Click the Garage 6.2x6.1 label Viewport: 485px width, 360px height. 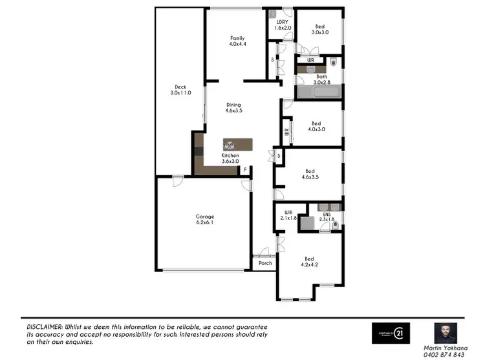[205, 219]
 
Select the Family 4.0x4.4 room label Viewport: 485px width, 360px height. [238, 41]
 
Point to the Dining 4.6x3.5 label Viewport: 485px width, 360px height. [233, 108]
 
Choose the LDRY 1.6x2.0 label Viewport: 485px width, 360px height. [283, 25]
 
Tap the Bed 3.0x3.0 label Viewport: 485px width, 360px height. [320, 28]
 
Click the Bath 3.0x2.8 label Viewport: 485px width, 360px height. [321, 79]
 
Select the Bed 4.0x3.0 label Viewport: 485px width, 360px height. [316, 126]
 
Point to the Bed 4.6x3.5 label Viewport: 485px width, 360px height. [312, 173]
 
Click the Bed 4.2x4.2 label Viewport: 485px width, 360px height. [310, 261]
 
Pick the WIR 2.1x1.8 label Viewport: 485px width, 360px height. [288, 216]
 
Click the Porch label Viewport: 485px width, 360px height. [265, 264]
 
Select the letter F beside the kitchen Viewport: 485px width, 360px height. [245, 170]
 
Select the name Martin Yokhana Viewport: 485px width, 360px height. [446, 348]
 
